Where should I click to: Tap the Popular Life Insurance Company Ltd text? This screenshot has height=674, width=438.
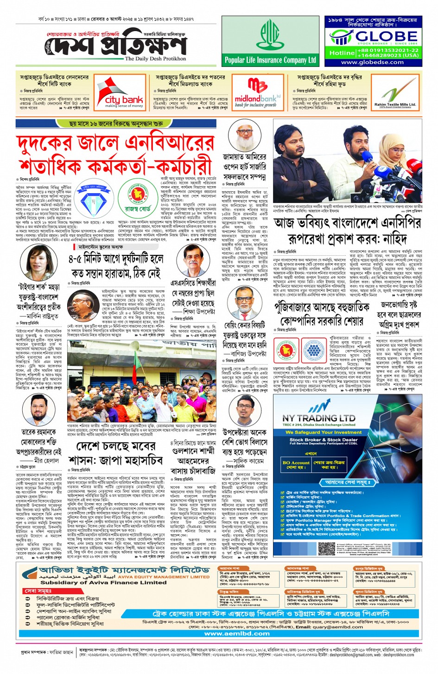tap(270, 60)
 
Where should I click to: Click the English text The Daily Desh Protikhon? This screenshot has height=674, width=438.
tap(155, 59)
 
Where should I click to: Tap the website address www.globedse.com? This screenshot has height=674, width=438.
tap(372, 62)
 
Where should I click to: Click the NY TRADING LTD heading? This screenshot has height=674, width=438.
tap(319, 418)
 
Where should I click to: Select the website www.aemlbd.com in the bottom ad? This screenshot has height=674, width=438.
tap(237, 633)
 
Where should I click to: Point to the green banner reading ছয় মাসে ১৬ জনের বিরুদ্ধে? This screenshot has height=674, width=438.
tap(116, 124)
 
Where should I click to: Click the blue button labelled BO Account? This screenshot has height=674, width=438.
tap(296, 465)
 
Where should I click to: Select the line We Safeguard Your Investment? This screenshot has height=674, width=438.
tap(323, 432)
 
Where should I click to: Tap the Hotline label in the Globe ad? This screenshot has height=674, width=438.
tap(342, 53)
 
